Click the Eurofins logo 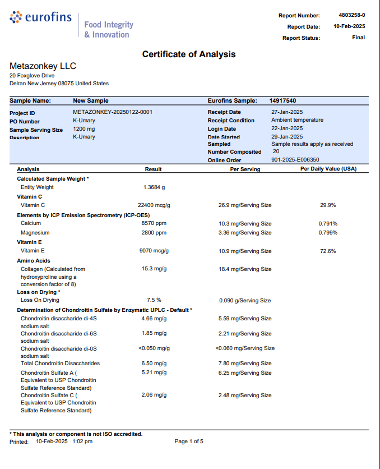[41, 17]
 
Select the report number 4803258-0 [351, 15]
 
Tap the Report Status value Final [358, 38]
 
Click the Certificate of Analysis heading [189, 54]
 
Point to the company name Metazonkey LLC [43, 66]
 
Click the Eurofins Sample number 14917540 [282, 101]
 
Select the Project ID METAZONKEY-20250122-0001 [113, 112]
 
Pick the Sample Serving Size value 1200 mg [84, 129]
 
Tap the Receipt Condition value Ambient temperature [297, 120]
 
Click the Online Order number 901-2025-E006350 [295, 160]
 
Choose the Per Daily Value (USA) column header [328, 169]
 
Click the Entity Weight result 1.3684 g [154, 187]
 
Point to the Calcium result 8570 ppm [154, 224]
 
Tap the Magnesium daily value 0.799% [328, 233]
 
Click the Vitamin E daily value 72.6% [328, 251]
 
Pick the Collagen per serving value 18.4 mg [245, 269]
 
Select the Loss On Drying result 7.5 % [154, 300]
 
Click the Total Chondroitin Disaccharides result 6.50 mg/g [154, 364]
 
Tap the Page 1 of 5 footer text [189, 442]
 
